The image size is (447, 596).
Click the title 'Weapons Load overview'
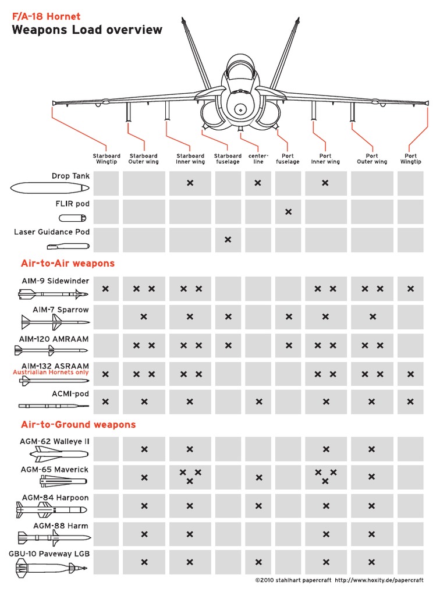coord(87,30)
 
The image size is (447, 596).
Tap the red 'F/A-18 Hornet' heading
coord(47,16)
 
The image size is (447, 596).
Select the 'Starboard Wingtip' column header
coord(107,158)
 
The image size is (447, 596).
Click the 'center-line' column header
coord(258,158)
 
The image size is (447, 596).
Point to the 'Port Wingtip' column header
coord(411,158)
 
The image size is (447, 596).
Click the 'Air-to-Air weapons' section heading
coord(68,263)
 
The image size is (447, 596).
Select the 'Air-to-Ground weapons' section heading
coord(79,424)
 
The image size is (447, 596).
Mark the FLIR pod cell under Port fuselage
coord(289,212)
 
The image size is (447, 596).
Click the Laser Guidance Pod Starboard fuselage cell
coord(228,240)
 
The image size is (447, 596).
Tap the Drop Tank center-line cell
coord(258,183)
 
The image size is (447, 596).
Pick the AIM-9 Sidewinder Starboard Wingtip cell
coord(105,289)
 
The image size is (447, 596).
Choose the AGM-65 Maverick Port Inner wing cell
coord(325,477)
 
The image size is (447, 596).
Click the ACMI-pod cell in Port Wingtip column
coord(411,402)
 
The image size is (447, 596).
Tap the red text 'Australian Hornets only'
coord(51,372)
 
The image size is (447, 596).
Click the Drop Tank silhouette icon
coord(49,188)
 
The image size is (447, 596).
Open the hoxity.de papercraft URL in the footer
coord(379,580)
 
